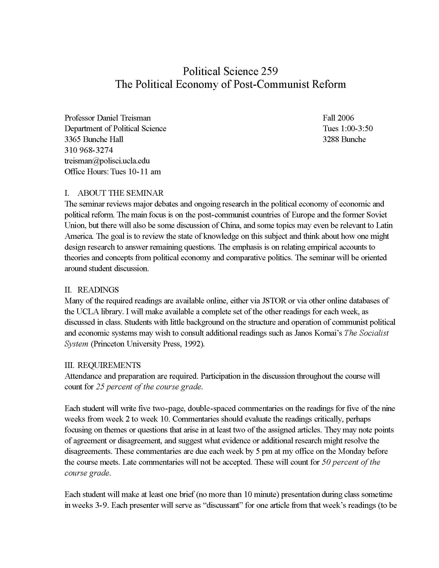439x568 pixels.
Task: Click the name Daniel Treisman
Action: (124, 118)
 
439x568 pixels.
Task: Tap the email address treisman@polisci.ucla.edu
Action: (107, 161)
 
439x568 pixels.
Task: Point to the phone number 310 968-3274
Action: (89, 150)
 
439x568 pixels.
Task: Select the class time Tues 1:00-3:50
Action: (348, 129)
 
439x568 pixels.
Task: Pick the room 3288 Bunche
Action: (344, 139)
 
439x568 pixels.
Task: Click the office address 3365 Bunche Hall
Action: (94, 139)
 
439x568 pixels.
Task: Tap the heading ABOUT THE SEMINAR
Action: (120, 193)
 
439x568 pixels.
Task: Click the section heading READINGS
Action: (98, 290)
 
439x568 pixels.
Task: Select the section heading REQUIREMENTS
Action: (109, 365)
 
